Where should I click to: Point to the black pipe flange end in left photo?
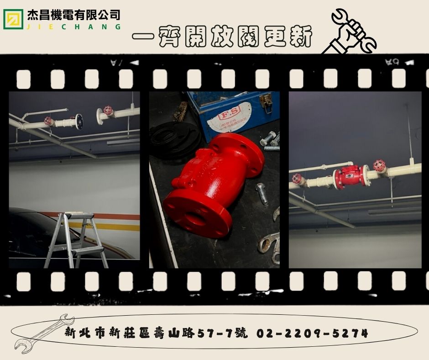click(79, 121)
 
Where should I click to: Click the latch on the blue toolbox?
click(266, 103)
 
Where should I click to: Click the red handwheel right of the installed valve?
click(379, 165)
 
